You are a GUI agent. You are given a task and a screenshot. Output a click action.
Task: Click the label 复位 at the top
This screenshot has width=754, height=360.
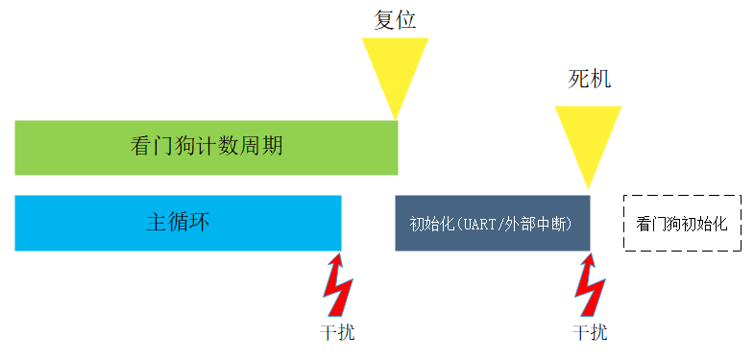point(395,20)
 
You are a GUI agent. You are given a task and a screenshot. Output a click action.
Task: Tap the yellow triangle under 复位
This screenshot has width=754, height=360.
point(395,67)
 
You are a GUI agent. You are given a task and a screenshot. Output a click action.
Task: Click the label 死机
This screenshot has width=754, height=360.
point(589,80)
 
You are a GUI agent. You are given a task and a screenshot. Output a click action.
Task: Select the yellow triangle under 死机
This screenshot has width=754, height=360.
point(588,134)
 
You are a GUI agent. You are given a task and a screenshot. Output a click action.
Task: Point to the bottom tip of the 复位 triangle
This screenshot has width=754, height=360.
point(396,118)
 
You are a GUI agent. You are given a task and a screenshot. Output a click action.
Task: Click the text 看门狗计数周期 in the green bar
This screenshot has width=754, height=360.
point(206,147)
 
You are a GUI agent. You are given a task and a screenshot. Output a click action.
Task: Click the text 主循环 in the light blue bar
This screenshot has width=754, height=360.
point(178,223)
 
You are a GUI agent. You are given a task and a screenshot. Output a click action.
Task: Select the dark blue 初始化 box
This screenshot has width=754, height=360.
point(492,224)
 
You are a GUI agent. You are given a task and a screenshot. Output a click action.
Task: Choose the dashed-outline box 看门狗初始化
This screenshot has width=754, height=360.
point(682,224)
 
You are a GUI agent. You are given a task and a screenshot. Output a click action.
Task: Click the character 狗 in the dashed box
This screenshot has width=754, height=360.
point(674,224)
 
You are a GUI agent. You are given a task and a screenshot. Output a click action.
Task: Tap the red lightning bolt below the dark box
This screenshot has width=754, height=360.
point(589,285)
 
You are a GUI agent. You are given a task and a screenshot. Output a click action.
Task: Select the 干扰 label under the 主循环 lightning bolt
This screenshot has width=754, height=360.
point(337,333)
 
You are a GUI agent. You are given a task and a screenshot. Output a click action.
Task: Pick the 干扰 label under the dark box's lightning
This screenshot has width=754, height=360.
point(590,333)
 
